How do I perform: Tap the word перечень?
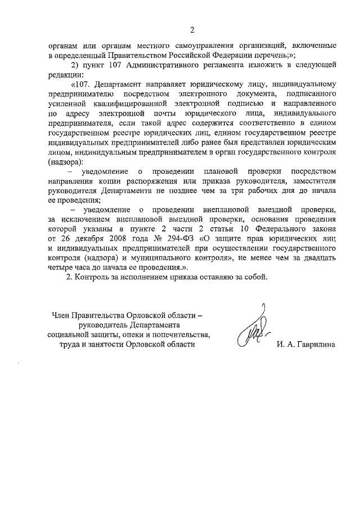270,55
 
